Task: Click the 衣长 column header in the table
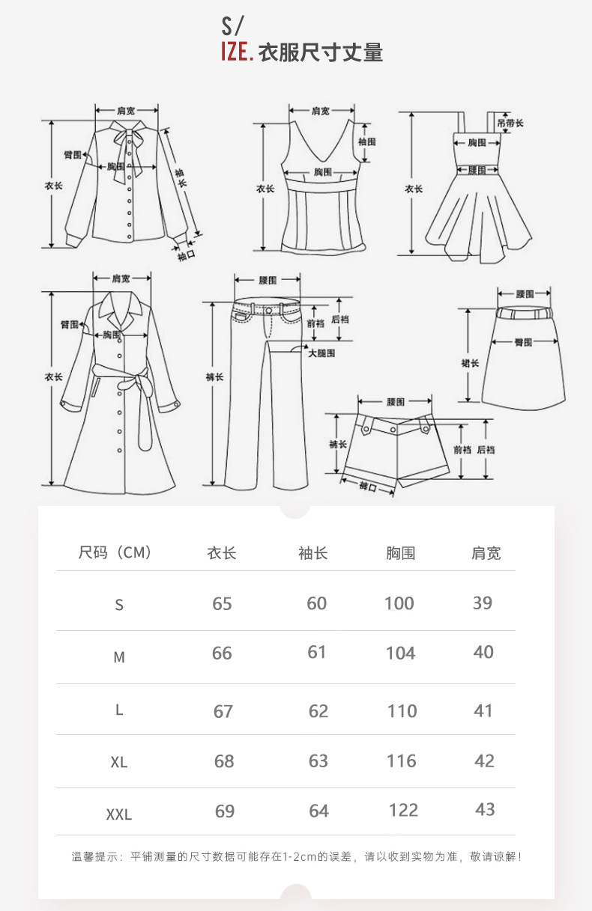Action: [222, 553]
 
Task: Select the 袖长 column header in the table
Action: [313, 553]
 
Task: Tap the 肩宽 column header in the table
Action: [486, 553]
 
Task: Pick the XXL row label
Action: [119, 814]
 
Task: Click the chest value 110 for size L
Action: [402, 711]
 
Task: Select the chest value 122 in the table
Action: [404, 810]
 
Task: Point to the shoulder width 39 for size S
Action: [483, 603]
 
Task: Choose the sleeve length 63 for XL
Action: [318, 761]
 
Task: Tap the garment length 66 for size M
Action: [222, 653]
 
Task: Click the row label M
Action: [119, 657]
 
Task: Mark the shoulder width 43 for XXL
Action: [485, 809]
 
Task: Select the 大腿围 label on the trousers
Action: [321, 352]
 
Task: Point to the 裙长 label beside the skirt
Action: [470, 363]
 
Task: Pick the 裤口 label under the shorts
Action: [367, 487]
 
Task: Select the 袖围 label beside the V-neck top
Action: [366, 141]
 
